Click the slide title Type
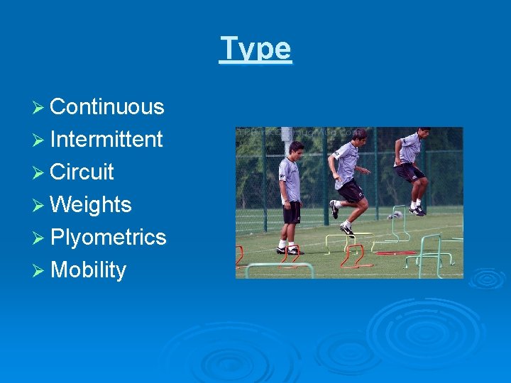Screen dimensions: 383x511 tap(255, 49)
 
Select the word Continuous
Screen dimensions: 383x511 tap(107, 106)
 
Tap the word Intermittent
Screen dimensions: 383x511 tap(106, 139)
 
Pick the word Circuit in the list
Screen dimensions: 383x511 tap(82, 172)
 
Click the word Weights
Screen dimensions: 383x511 tap(91, 204)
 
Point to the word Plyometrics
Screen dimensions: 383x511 tap(108, 237)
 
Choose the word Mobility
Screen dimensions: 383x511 tap(89, 270)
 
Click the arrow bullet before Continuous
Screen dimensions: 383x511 tap(40, 107)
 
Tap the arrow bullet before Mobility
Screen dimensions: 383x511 tap(40, 270)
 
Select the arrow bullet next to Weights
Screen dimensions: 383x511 tap(40, 205)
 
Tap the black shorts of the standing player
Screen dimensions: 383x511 tap(292, 211)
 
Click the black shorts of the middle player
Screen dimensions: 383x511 tap(350, 190)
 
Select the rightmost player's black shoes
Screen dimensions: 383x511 tap(417, 210)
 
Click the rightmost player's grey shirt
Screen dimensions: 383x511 tap(410, 150)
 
